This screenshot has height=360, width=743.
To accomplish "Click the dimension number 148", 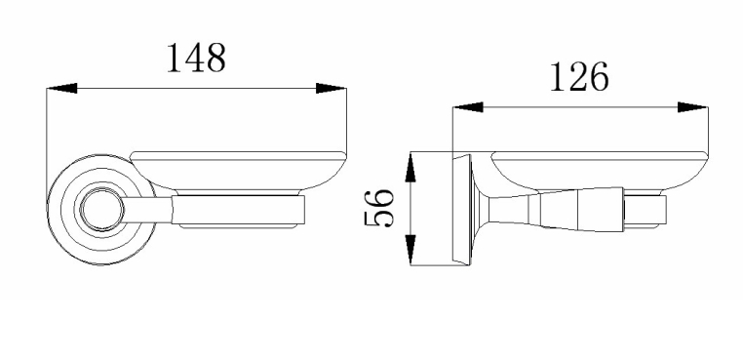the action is tap(196, 58).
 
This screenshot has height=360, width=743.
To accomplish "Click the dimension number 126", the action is tap(579, 77).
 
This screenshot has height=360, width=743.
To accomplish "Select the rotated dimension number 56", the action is tap(379, 209).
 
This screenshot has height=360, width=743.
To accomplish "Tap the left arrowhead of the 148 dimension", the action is tap(62, 88).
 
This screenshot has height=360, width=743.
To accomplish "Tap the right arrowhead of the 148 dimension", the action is tap(331, 88).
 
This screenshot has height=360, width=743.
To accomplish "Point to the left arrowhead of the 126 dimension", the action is tap(468, 107).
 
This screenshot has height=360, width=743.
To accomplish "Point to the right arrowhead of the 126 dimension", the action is tap(692, 107).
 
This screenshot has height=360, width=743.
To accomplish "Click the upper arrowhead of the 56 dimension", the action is tap(411, 167).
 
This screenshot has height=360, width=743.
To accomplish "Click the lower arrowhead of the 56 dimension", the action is tap(411, 250).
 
